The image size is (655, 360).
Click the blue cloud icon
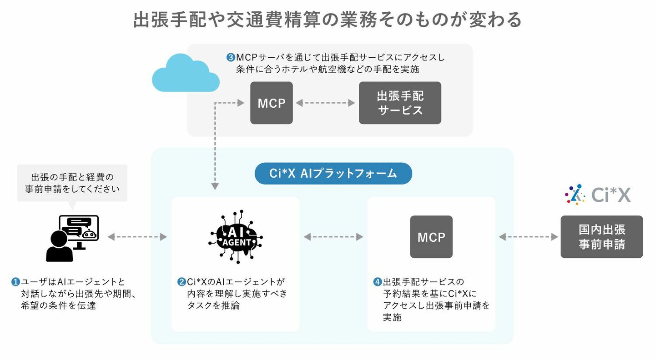point(185,74)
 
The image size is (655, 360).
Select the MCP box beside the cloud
point(272,103)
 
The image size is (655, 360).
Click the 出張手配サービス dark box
point(400,103)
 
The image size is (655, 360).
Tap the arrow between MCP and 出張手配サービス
point(325,103)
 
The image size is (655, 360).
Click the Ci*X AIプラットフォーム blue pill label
point(333,173)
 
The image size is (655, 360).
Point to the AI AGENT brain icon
point(236,236)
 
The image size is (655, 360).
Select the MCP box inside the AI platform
point(431,237)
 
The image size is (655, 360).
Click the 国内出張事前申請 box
point(601,237)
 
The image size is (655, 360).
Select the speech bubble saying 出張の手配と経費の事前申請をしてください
point(72,183)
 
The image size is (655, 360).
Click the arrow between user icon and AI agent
point(137,237)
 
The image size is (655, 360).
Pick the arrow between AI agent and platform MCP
point(333,237)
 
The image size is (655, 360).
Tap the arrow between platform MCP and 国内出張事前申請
point(528,237)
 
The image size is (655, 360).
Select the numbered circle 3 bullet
point(231,58)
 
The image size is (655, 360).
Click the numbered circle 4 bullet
point(377,282)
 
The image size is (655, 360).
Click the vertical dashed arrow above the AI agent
point(215,145)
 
